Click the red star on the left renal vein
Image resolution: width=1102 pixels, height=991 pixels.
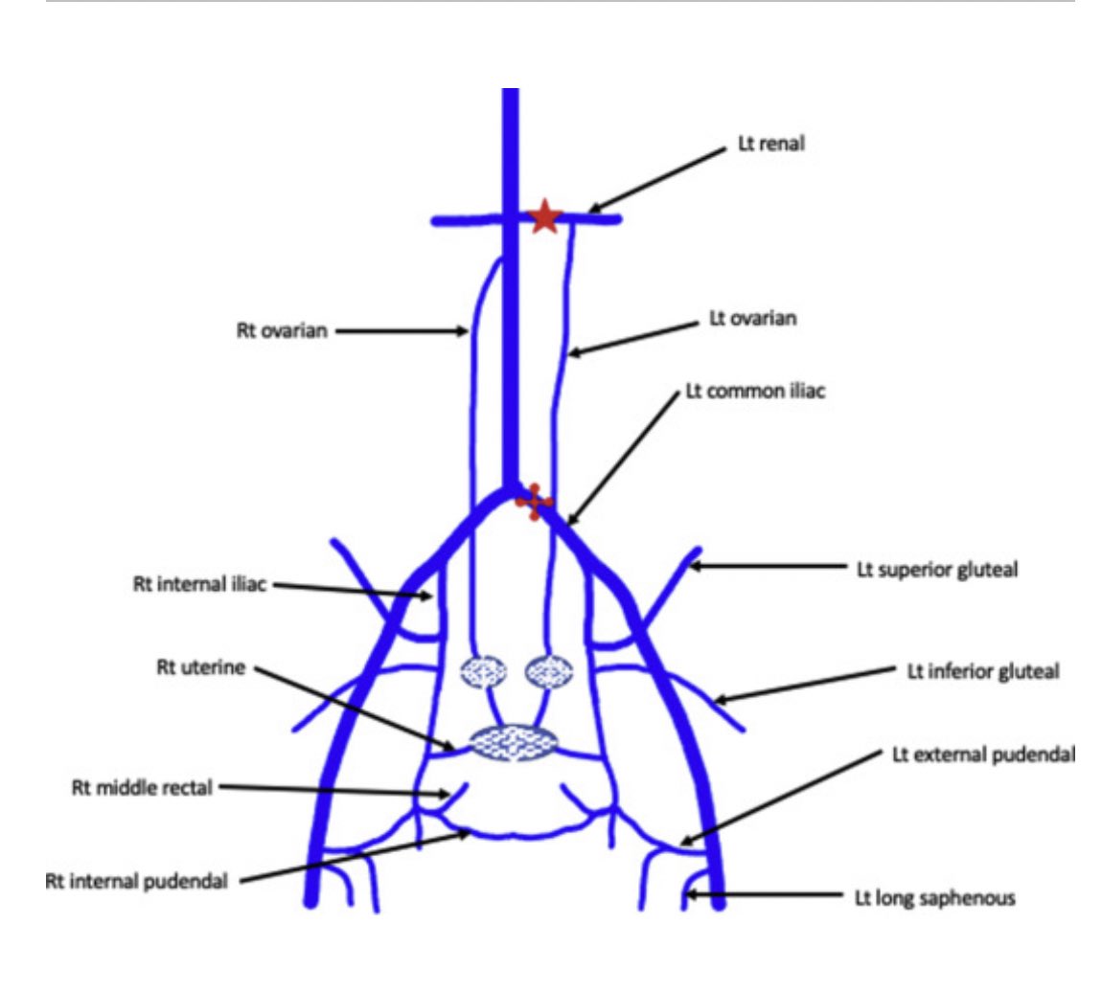tap(544, 217)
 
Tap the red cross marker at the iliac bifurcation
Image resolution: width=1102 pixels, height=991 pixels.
tap(533, 500)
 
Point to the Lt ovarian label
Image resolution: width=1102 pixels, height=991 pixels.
tap(752, 319)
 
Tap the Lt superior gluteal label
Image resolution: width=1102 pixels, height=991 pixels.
tap(936, 569)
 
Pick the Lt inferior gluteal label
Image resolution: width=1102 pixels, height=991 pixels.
tap(983, 671)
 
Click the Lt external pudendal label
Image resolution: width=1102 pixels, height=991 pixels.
tap(983, 755)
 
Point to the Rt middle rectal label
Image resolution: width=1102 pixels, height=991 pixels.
tap(129, 789)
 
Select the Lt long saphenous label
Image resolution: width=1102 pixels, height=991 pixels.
tap(934, 899)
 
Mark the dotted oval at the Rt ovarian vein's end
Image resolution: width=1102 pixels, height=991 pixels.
tap(484, 671)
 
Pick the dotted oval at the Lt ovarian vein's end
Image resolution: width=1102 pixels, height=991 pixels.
tap(547, 671)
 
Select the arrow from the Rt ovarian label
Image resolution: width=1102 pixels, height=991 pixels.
tap(402, 332)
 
